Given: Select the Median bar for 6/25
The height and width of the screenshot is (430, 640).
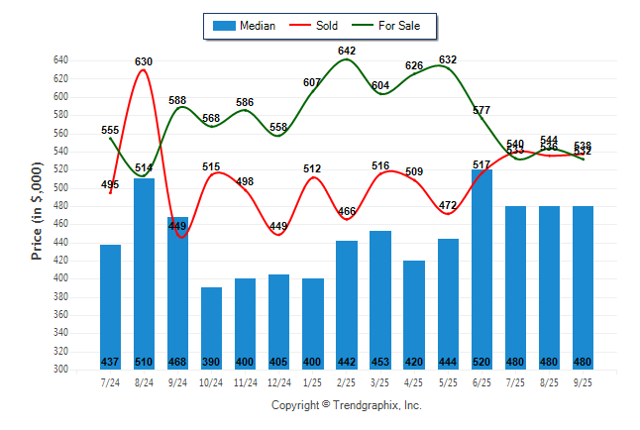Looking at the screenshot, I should tap(481, 268).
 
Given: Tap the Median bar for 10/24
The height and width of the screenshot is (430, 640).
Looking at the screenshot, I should tap(211, 327).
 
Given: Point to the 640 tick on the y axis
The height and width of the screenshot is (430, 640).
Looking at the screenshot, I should tap(60, 60).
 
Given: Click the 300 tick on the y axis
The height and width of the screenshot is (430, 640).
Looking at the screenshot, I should tap(60, 369).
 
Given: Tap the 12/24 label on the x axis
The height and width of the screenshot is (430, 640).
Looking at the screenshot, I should tap(278, 382).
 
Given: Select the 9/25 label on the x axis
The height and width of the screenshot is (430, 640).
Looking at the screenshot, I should tap(583, 382).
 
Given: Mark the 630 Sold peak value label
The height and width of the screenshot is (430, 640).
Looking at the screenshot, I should tap(145, 61).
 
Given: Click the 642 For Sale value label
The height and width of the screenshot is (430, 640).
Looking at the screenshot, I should tap(347, 51).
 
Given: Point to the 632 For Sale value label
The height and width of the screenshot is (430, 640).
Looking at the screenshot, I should tap(448, 59).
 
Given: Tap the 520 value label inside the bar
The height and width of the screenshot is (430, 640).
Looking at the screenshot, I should tap(481, 362).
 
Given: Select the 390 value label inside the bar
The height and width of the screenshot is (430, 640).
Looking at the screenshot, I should tap(211, 362).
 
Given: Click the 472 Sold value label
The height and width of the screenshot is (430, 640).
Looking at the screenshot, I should tap(448, 205).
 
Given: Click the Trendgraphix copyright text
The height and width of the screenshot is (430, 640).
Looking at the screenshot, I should tap(347, 405).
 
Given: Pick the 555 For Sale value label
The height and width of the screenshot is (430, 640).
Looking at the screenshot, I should tap(110, 130).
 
